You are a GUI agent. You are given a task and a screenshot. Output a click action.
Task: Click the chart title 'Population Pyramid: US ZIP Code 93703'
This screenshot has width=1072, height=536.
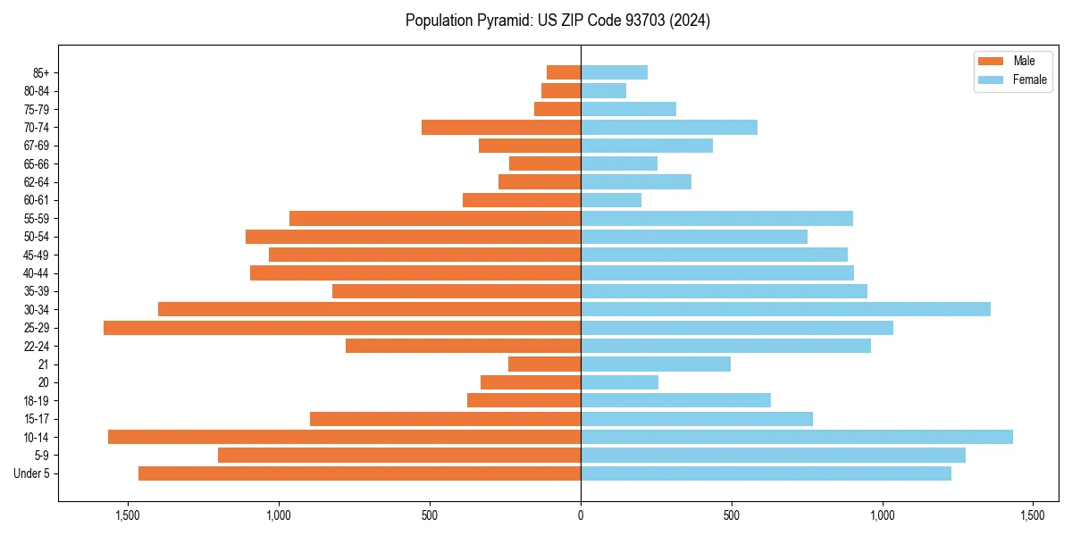coord(557,21)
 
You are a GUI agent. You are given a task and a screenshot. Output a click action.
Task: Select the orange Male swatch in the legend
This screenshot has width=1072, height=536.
coord(991,61)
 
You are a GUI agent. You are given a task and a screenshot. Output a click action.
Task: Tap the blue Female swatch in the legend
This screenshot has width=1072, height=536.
coord(991,80)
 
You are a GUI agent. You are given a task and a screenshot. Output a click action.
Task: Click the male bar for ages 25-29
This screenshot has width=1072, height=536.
coord(342,328)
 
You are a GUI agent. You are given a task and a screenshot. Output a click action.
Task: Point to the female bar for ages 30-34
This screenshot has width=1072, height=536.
coord(785,309)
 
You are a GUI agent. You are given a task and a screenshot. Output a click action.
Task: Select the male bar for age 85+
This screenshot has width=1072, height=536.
coord(564,72)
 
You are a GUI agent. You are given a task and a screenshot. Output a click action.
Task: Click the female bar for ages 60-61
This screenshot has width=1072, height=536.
coord(611,200)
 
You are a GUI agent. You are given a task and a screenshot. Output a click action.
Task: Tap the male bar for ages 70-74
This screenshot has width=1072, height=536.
coord(501,127)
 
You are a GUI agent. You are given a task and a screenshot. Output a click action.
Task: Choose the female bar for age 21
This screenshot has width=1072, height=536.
coord(656,364)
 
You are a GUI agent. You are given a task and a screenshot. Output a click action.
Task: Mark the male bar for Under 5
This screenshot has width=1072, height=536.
coord(359,473)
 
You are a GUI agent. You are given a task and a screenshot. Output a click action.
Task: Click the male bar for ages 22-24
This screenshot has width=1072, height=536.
coord(463,346)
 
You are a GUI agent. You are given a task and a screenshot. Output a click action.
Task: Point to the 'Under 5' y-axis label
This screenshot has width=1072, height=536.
coord(32,473)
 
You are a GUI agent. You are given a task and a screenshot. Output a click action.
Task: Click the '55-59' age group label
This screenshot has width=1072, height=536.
coord(37,218)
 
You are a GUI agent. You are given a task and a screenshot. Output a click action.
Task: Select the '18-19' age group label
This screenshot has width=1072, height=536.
coord(37,400)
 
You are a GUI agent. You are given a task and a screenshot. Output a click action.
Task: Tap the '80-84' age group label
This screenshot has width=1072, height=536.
coord(37,90)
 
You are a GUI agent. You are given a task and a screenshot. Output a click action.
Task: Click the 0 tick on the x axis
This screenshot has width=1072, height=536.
coord(581,515)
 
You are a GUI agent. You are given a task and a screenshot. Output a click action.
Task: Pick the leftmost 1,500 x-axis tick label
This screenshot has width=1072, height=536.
coord(128,515)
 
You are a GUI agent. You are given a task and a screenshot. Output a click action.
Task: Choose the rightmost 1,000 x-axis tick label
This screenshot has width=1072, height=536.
coord(883,515)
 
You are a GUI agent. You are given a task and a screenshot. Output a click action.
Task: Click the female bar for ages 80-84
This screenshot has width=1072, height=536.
coord(603,90)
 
